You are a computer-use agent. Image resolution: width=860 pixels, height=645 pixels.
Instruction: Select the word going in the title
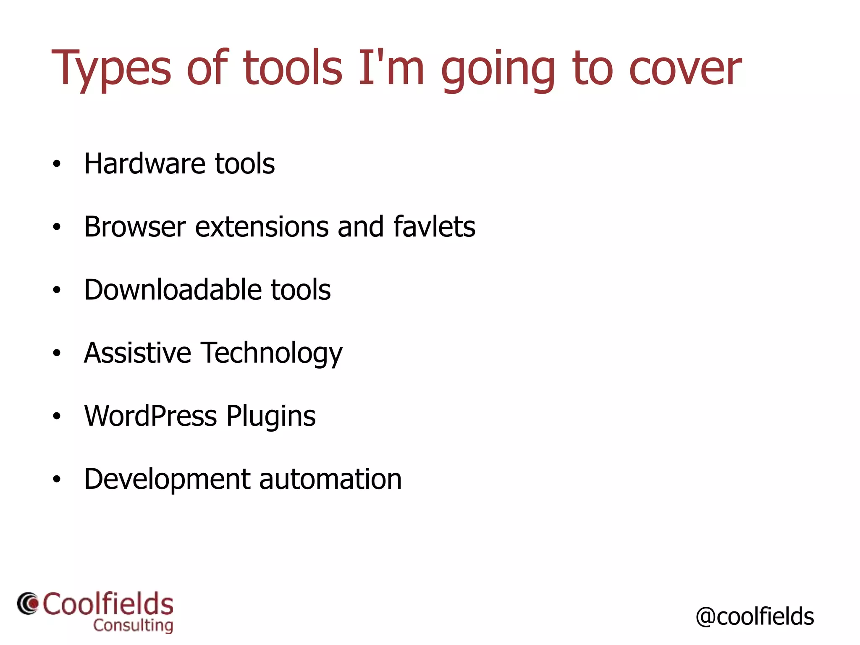coord(498,71)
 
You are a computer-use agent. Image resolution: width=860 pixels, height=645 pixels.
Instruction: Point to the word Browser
coord(135,227)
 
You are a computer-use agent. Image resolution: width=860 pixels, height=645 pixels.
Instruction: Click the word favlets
coord(434,227)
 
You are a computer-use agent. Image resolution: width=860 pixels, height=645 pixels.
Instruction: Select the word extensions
coord(262,227)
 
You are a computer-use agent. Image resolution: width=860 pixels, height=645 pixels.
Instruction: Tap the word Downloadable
coord(172,290)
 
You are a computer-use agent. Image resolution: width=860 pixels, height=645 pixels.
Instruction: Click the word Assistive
coord(137,353)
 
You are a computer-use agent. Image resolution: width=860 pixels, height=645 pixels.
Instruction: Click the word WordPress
coord(150,416)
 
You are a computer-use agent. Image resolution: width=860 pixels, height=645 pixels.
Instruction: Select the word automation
coord(330,479)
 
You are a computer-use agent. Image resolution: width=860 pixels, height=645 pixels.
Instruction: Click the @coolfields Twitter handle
coord(755,617)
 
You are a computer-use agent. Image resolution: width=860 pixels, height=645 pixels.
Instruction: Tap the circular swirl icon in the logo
coord(28,604)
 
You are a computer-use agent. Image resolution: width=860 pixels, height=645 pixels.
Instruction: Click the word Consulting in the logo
coord(133,626)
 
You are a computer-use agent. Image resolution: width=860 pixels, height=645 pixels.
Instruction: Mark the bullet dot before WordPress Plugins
coord(57,416)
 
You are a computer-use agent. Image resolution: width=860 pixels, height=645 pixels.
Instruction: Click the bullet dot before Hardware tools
coord(57,164)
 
